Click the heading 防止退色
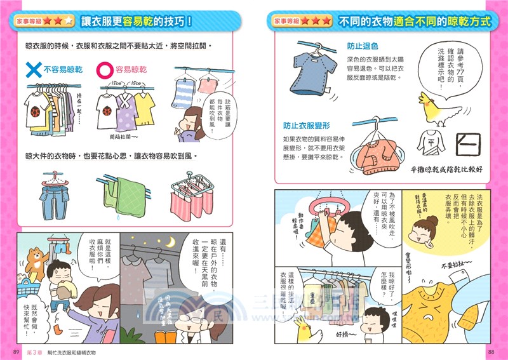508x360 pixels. [362, 47]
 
